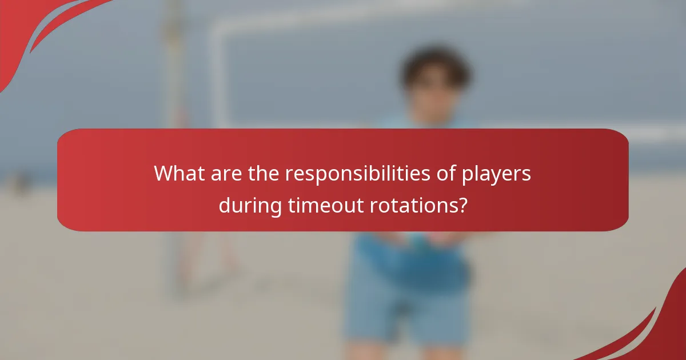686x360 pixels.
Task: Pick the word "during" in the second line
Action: [x=250, y=204]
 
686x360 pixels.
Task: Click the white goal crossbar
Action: [x=400, y=14]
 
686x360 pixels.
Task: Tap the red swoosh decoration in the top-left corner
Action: [x=34, y=29]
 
